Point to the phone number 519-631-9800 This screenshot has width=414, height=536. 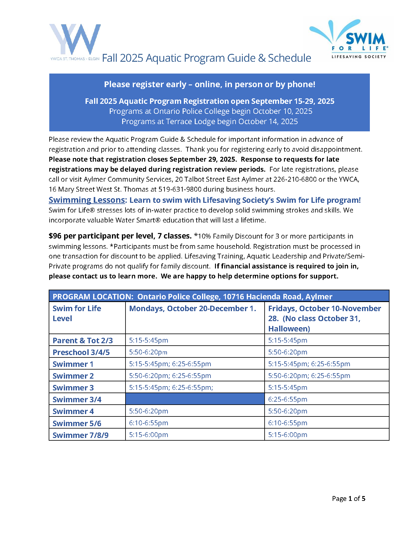point(180,189)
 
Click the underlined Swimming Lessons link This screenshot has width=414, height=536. point(87,200)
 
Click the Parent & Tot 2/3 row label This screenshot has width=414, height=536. point(83,340)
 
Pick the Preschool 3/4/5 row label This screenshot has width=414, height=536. point(81,352)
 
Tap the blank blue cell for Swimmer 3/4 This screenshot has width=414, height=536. point(195,399)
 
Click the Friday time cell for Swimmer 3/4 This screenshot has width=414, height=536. point(288,399)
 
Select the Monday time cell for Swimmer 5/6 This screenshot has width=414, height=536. point(148,423)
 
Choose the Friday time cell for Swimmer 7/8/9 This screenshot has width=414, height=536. point(288,435)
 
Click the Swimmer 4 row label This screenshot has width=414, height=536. point(73,411)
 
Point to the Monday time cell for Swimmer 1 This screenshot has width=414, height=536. point(170,364)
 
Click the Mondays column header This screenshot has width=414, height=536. point(193,308)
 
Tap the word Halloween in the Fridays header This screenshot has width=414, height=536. point(289,329)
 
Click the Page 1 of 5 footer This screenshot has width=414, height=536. point(348,498)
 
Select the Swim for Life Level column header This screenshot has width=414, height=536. point(77,313)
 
